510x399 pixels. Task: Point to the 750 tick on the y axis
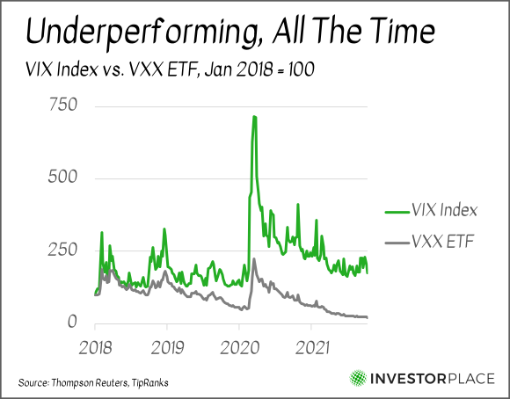point(63,105)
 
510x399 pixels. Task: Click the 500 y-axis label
point(62,177)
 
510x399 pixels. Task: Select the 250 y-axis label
point(62,250)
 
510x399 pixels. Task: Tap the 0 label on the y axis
point(72,322)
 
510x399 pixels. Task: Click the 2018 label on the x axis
point(95,348)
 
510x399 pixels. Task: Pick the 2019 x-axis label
point(167,348)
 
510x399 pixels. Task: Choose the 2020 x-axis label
point(240,348)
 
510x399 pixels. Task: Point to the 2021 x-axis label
point(312,348)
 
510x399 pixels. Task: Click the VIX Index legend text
point(444,210)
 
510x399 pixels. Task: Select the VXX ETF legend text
point(442,242)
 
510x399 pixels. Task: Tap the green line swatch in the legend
point(397,213)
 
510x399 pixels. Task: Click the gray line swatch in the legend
point(397,243)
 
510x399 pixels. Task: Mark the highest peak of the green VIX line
point(254,116)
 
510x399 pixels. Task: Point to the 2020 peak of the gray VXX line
point(254,259)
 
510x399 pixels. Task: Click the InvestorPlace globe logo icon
point(358,379)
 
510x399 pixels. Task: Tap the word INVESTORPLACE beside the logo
point(433,379)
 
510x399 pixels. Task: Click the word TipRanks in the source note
point(150,382)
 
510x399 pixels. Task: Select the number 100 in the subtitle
point(302,69)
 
